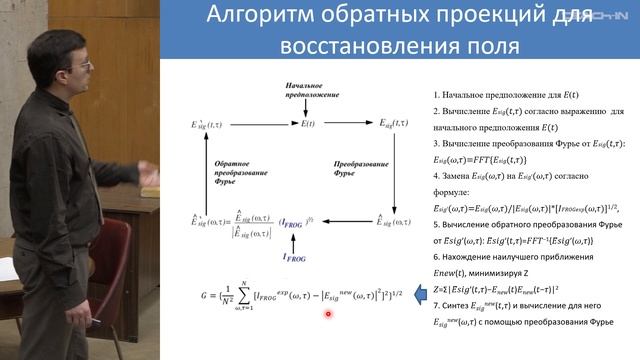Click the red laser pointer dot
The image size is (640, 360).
point(328,314)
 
